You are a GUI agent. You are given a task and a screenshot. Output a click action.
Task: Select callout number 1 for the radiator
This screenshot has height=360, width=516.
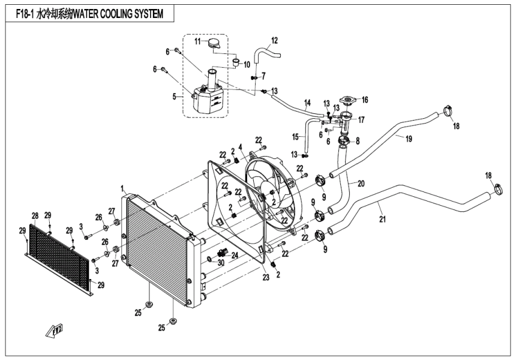coord(124,188)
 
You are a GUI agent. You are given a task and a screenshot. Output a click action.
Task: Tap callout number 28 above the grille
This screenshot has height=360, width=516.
coord(35,215)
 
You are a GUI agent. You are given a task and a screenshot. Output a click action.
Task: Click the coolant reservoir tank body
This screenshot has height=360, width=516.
coord(206,99)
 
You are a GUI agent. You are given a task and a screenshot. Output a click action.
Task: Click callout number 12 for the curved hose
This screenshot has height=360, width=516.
coord(275,40)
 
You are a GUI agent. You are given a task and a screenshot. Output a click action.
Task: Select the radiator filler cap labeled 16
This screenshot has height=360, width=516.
coord(348,100)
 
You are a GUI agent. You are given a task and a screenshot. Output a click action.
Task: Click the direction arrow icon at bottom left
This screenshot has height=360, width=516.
coord(58,329)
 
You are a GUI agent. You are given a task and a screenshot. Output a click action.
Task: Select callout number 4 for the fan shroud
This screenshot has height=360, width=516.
coord(240,147)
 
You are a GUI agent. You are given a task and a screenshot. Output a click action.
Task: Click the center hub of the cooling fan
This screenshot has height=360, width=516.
coord(269,192)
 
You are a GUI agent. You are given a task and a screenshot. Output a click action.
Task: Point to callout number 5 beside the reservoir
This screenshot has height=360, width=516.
coord(175,96)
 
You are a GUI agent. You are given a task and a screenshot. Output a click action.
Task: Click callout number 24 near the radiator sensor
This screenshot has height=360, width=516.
coord(235,255)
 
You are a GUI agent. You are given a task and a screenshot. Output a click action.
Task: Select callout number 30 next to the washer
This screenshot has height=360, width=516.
coord(221,263)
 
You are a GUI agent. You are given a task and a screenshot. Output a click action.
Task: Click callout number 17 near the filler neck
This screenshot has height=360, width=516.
coord(361,119)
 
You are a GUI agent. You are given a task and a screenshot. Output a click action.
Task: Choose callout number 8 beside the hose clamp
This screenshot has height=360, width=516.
coord(358,142)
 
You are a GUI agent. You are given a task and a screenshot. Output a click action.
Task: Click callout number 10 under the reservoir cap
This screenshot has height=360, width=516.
coord(247,64)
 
